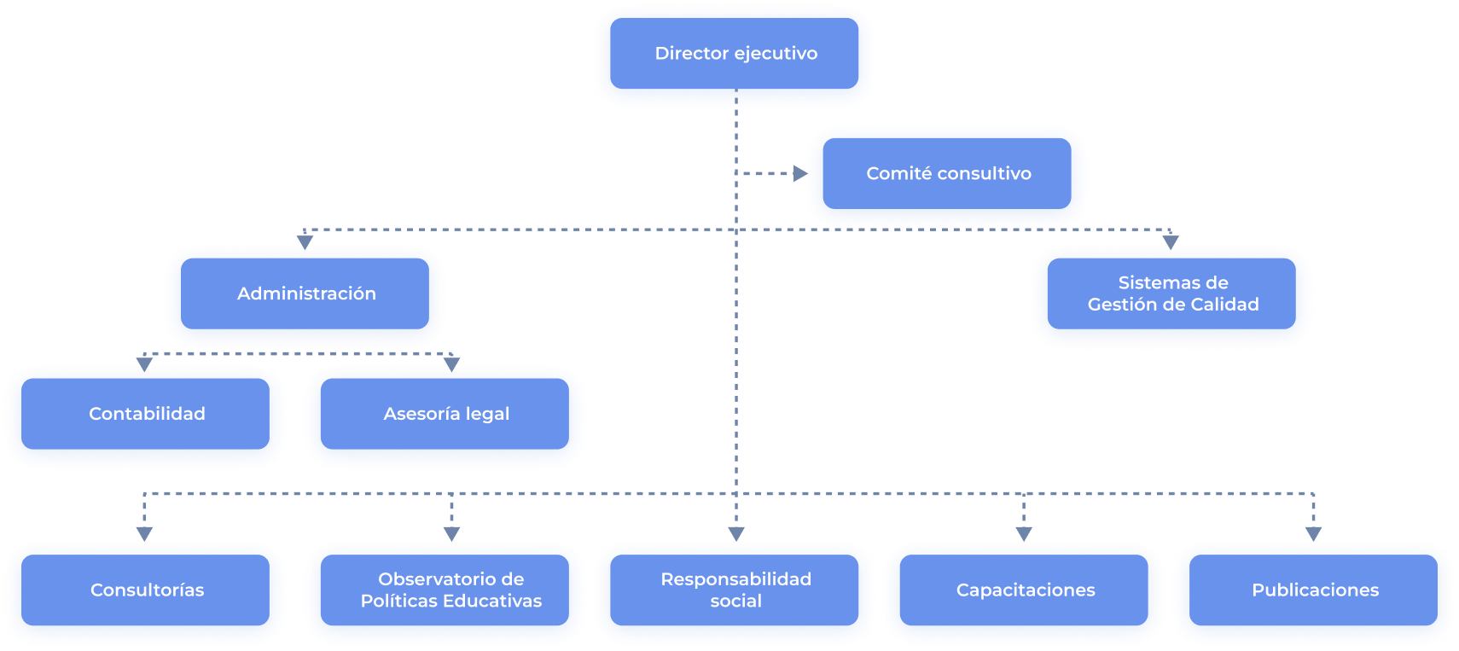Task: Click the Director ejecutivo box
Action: tap(735, 54)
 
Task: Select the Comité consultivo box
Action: tap(947, 174)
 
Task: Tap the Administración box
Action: tap(305, 294)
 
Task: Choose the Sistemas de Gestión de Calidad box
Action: tap(1172, 294)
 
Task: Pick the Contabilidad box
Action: tap(146, 414)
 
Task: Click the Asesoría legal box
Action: tap(445, 414)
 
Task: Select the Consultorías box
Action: tap(146, 590)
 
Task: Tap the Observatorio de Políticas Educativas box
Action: tap(450, 590)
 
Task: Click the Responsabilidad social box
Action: tap(735, 590)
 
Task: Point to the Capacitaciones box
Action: tap(1025, 590)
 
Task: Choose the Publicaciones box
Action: tap(1314, 590)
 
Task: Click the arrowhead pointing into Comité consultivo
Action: tap(799, 174)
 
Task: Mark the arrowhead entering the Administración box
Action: tap(305, 242)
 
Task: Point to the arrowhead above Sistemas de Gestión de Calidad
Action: tap(1171, 242)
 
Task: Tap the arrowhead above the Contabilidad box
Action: tap(145, 364)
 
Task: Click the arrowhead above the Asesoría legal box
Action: tap(451, 364)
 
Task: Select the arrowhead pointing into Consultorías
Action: tap(144, 533)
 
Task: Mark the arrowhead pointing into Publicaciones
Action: tap(1313, 533)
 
